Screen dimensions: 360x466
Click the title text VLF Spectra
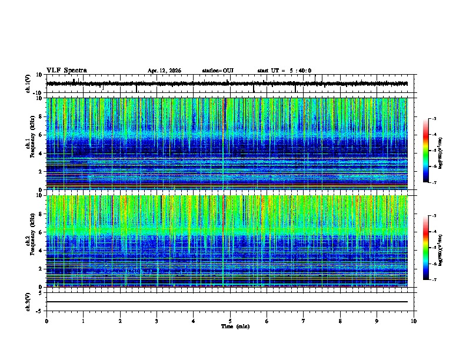coord(66,71)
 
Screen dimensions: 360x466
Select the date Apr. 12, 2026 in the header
coord(164,71)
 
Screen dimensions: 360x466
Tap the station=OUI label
coord(218,71)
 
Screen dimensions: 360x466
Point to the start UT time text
coord(284,71)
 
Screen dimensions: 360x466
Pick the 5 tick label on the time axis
coord(230,321)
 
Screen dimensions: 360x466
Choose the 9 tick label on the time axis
coord(377,321)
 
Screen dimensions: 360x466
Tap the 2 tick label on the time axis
coord(120,321)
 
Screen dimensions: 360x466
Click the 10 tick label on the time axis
coord(414,321)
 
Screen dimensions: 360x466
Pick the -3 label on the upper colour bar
coord(434,119)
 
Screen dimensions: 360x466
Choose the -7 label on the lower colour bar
coord(434,280)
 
